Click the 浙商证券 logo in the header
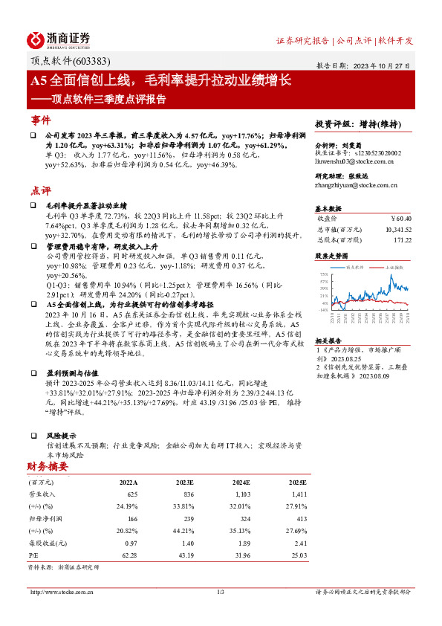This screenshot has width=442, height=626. (59, 39)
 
